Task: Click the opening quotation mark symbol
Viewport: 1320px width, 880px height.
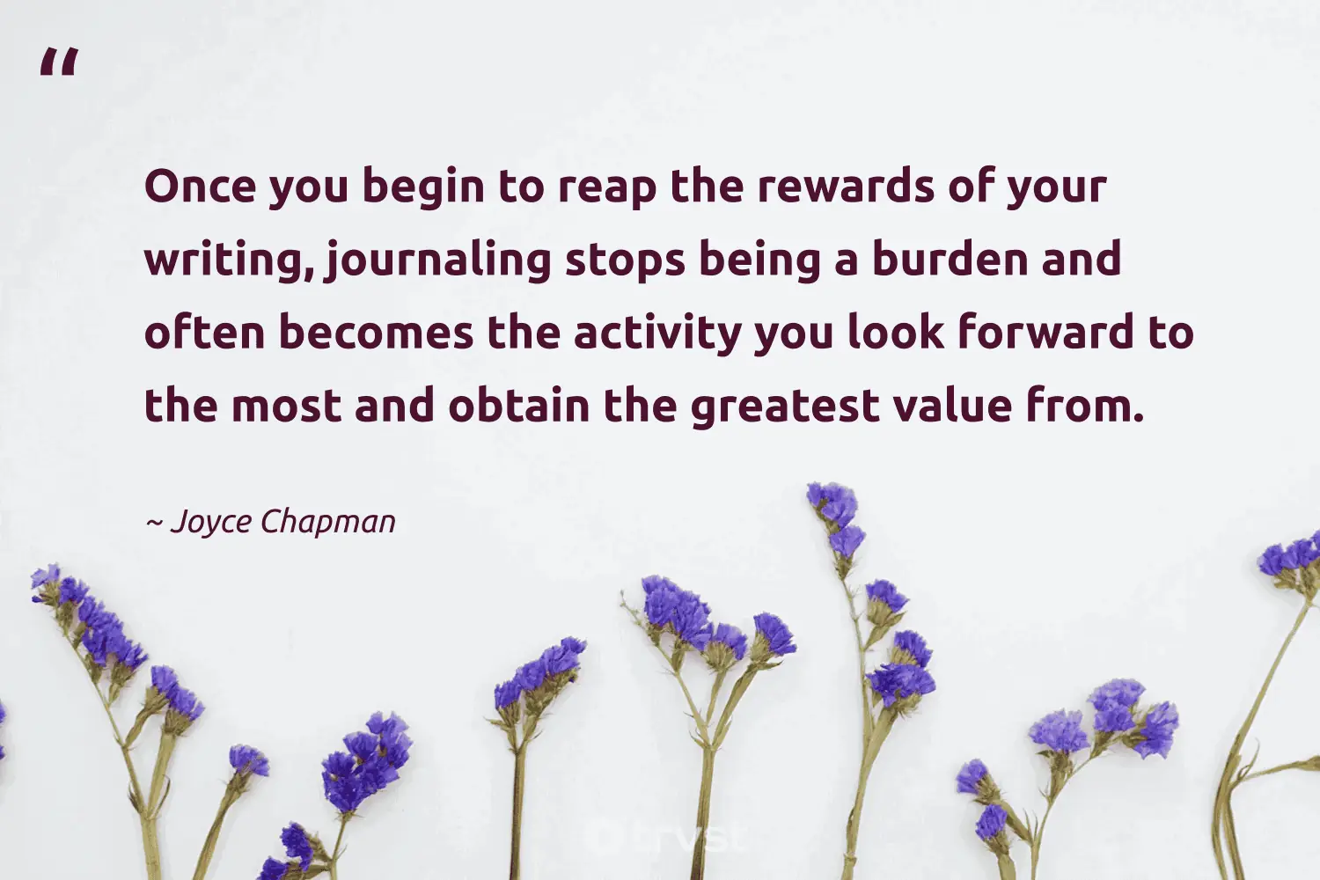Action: click(x=59, y=63)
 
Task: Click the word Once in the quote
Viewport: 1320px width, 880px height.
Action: click(x=200, y=187)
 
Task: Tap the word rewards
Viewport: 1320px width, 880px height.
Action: click(x=845, y=187)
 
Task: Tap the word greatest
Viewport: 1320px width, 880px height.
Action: click(x=785, y=407)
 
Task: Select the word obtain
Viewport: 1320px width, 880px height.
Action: click(x=518, y=407)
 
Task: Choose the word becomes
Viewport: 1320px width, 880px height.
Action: click(x=376, y=334)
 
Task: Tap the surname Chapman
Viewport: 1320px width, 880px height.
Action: click(x=328, y=522)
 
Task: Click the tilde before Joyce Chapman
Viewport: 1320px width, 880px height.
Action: click(x=153, y=523)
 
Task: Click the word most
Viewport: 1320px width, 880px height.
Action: click(x=285, y=407)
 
